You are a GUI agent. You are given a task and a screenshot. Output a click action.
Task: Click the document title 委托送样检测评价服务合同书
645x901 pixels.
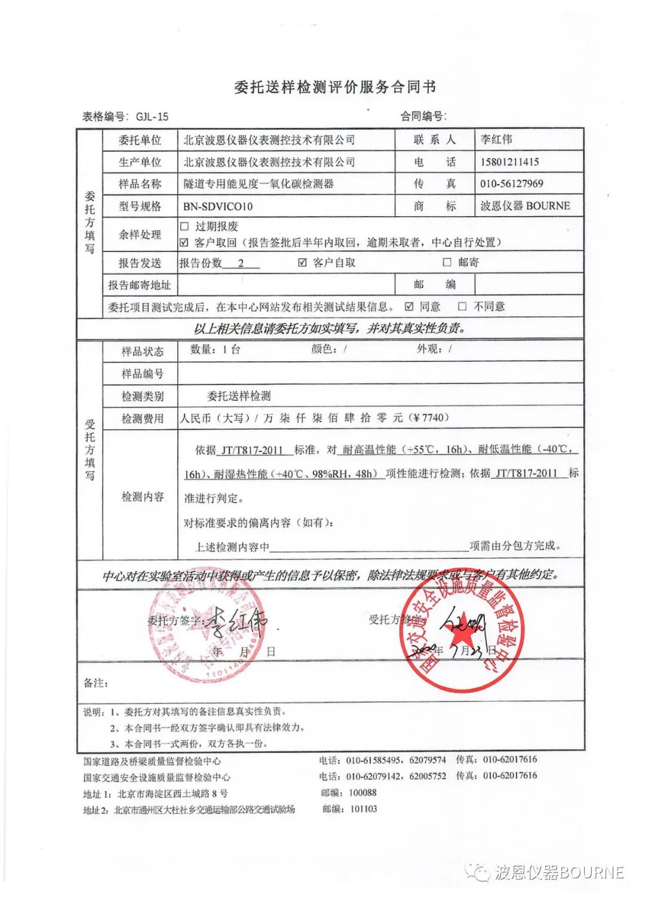[335, 87]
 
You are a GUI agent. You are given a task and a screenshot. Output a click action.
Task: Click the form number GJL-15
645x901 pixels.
[152, 117]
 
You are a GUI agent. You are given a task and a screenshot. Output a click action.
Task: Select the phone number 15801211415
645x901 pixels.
[509, 162]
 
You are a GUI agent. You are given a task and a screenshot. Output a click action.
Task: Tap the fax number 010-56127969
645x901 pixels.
[512, 184]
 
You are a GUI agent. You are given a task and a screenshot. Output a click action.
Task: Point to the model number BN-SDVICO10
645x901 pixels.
[218, 207]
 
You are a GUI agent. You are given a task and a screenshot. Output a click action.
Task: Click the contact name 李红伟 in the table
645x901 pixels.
[496, 140]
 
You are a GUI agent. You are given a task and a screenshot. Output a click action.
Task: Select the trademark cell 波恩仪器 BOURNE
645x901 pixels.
[525, 206]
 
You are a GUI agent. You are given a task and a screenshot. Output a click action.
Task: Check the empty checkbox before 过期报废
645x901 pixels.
[185, 226]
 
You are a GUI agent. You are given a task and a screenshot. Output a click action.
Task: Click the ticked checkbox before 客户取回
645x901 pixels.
[185, 242]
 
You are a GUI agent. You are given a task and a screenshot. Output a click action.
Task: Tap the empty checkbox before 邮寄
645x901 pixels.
[447, 262]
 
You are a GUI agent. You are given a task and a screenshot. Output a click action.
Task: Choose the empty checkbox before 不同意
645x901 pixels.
[462, 306]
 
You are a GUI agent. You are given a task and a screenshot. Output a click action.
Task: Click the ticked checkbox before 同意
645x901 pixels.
[409, 306]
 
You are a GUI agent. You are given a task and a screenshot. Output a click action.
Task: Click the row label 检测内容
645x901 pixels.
[142, 497]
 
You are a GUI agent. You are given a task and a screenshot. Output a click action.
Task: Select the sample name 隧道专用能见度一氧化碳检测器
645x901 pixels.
[258, 184]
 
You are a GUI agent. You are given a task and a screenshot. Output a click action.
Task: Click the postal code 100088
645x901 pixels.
[363, 793]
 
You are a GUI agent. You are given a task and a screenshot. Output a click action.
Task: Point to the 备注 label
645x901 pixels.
[96, 683]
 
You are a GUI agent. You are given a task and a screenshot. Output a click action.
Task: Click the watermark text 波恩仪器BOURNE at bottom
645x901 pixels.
[559, 872]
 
